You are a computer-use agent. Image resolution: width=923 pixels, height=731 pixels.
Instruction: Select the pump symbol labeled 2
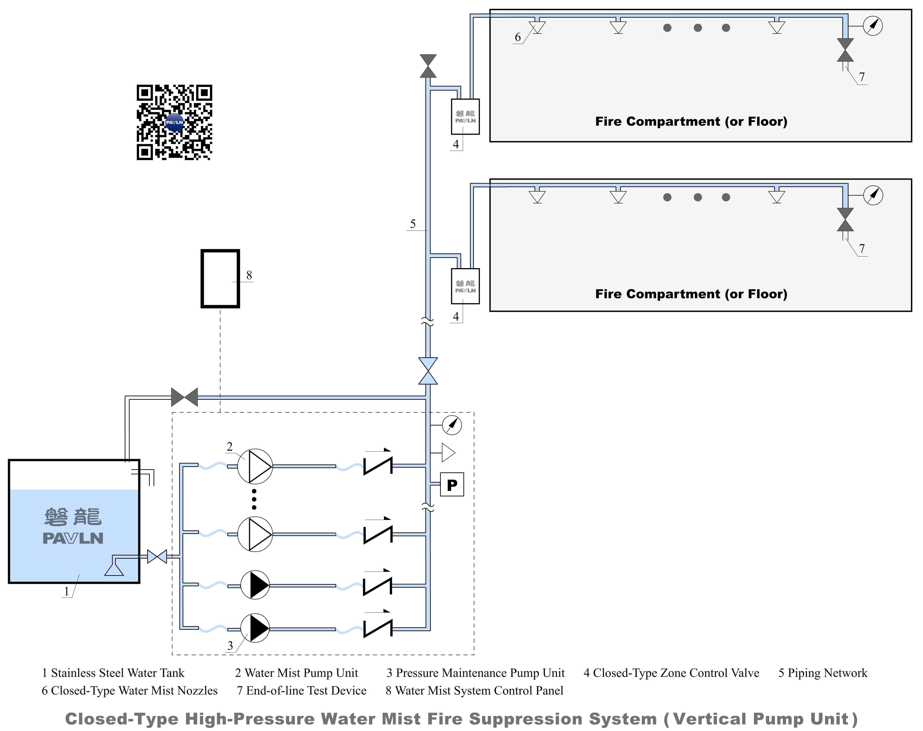pos(255,466)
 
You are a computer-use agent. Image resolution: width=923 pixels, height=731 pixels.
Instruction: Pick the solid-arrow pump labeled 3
pos(255,628)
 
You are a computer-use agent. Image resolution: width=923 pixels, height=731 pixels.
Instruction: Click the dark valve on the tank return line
pos(185,397)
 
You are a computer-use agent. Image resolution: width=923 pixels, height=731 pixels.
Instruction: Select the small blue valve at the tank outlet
pos(157,557)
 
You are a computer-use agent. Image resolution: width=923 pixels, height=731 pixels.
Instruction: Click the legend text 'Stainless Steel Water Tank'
pos(117,673)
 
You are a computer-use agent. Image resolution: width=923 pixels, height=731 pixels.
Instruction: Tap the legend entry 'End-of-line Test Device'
pos(306,691)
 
